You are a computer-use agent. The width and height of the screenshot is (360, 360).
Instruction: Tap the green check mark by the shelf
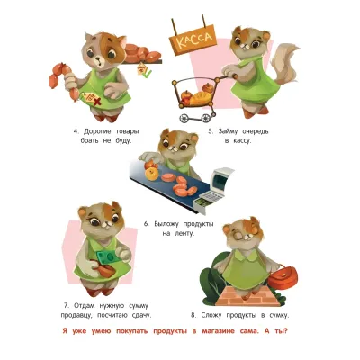pyautogui.click(x=148, y=72)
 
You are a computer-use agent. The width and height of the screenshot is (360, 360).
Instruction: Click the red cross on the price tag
pyautogui.click(x=96, y=102)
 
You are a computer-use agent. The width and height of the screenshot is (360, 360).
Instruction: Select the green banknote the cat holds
pyautogui.click(x=108, y=257)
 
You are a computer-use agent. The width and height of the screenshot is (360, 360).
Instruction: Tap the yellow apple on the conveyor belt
pyautogui.click(x=151, y=173)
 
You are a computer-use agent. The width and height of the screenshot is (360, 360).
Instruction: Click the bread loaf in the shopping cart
pyautogui.click(x=201, y=97)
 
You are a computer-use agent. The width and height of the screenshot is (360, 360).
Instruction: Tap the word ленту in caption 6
pyautogui.click(x=184, y=233)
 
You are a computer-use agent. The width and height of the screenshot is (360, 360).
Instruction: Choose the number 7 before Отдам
pyautogui.click(x=67, y=306)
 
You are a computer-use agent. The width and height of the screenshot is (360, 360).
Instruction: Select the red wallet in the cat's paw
pyautogui.click(x=105, y=270)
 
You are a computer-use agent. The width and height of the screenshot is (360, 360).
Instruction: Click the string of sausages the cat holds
pyautogui.click(x=64, y=80)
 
